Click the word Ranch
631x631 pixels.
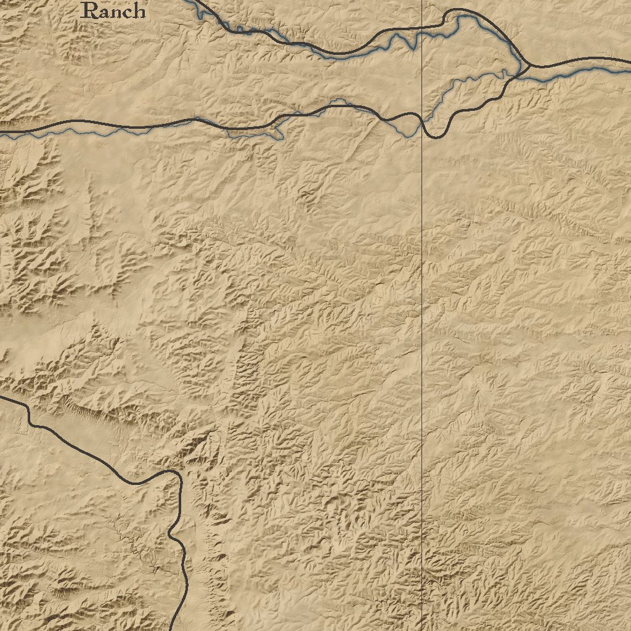click(114, 10)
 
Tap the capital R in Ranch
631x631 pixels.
click(90, 10)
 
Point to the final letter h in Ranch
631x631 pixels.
click(139, 10)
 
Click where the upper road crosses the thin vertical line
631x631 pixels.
click(421, 26)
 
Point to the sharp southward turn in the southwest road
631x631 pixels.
click(178, 476)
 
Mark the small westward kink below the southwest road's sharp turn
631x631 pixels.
click(171, 534)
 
